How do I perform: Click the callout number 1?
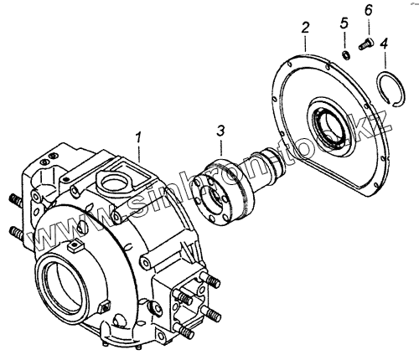[x=138, y=139]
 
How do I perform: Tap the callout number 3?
[x=220, y=131]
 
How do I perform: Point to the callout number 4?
[x=384, y=44]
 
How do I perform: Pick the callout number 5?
[x=344, y=23]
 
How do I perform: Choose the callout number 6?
[x=369, y=11]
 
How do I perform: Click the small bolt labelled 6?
[x=366, y=44]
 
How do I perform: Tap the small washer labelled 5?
[x=346, y=54]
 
